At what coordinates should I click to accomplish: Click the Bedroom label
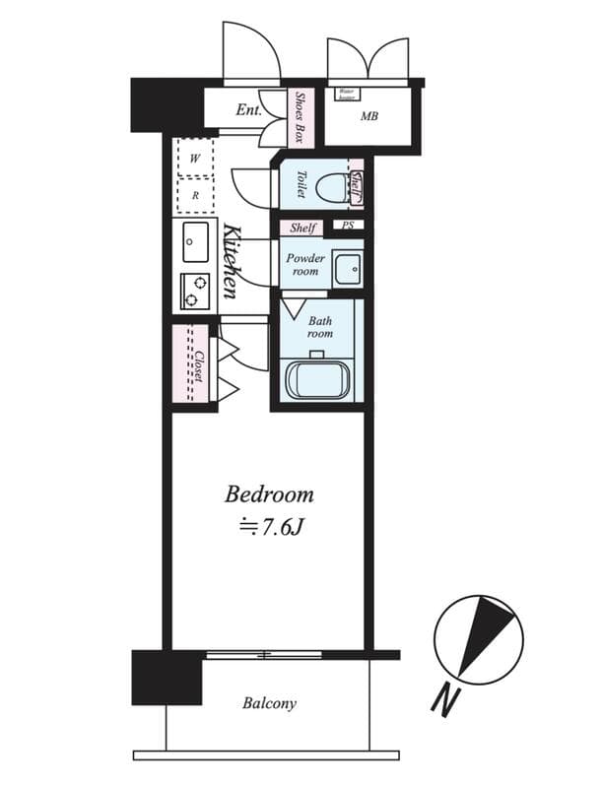click(269, 493)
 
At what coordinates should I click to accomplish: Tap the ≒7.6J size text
click(269, 528)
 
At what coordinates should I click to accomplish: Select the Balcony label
click(269, 703)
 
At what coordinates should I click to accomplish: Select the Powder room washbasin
click(346, 267)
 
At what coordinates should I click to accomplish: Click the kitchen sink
click(194, 242)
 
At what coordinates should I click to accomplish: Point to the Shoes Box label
click(301, 117)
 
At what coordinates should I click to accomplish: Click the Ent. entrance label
click(248, 110)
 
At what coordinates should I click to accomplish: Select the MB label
click(369, 116)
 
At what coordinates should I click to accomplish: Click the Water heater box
click(346, 94)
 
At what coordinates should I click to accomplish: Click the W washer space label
click(195, 158)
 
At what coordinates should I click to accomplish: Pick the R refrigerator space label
click(195, 195)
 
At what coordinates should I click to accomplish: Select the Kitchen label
click(231, 261)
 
